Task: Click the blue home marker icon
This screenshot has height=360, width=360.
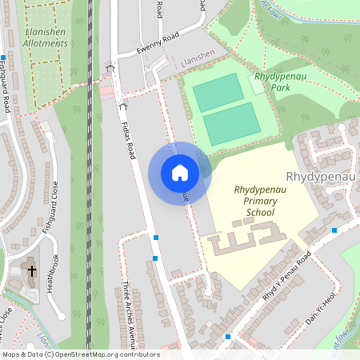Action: coord(180,173)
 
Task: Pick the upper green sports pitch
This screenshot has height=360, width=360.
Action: coord(218,93)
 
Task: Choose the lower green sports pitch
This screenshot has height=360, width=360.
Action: coord(231,125)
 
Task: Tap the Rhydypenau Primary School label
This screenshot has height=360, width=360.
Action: coord(255,202)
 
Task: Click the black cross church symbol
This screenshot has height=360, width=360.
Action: coord(32,271)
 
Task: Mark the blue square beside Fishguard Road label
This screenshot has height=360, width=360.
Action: coord(3,58)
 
